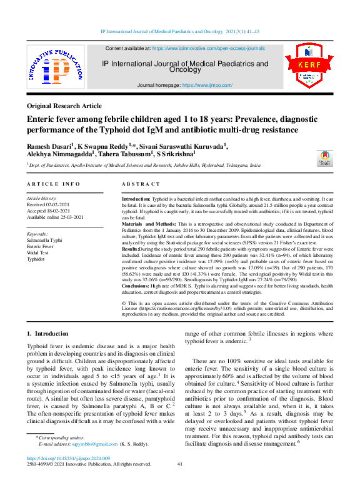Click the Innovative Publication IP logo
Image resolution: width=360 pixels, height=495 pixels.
tap(54, 69)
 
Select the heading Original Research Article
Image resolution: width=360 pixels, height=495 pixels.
tap(64, 106)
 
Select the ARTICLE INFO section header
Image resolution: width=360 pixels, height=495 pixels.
tap(53, 184)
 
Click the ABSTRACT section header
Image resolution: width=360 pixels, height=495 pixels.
tap(141, 184)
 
